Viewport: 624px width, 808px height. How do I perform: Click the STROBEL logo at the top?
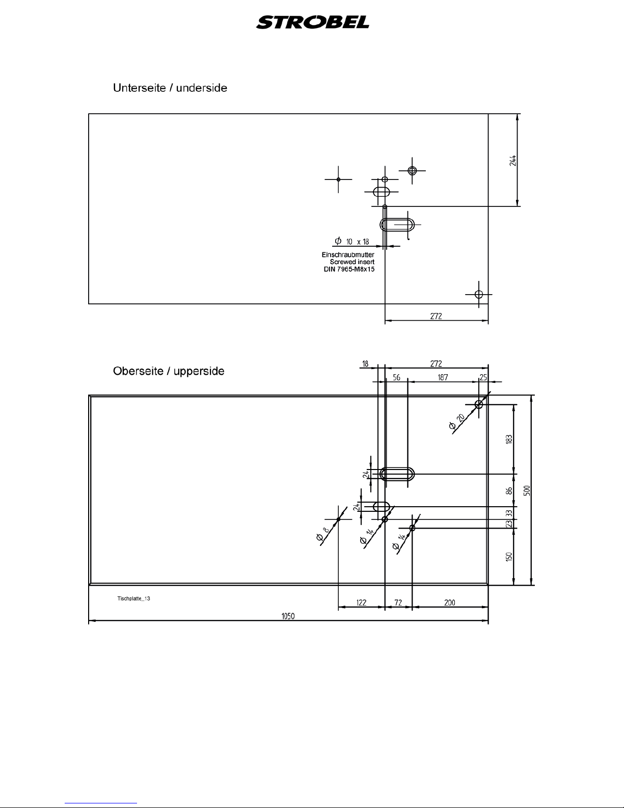[x=313, y=23]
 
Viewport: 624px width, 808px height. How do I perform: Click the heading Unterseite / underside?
[x=170, y=88]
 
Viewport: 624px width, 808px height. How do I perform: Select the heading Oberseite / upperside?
[x=168, y=371]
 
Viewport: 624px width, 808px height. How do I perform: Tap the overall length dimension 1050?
[x=288, y=616]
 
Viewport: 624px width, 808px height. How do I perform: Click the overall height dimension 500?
[x=528, y=490]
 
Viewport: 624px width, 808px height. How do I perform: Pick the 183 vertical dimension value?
[x=509, y=439]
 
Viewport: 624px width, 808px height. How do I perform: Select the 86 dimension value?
[x=509, y=490]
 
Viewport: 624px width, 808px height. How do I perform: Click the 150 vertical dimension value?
[x=509, y=556]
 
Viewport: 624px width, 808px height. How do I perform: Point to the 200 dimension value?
[x=450, y=603]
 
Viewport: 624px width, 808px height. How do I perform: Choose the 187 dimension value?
[x=443, y=378]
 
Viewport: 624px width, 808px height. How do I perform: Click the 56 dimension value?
[x=396, y=378]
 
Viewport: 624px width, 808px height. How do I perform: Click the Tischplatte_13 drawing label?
[x=133, y=598]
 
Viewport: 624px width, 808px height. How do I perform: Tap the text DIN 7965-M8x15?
[x=349, y=269]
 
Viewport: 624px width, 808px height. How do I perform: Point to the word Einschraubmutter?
[x=348, y=254]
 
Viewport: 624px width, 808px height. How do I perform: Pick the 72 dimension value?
[x=398, y=603]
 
